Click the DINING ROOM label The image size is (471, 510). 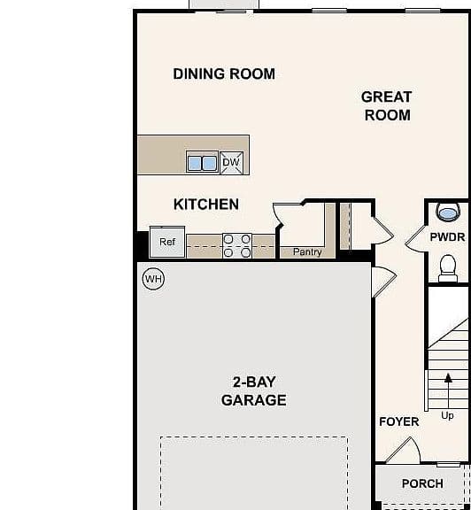click(224, 73)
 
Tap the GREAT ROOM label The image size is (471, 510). click(387, 106)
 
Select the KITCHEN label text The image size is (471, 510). click(206, 205)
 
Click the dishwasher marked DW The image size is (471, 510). click(231, 162)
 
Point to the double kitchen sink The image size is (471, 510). click(202, 162)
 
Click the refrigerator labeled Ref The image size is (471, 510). click(167, 242)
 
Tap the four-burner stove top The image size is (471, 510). click(237, 246)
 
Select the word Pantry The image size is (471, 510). click(307, 252)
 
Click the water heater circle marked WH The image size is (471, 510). click(153, 279)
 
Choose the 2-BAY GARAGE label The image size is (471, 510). click(254, 391)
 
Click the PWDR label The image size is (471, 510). click(448, 237)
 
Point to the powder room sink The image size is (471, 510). click(448, 212)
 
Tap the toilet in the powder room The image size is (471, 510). click(448, 268)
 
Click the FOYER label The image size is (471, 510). click(399, 421)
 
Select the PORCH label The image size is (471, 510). click(422, 483)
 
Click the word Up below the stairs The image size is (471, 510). click(448, 415)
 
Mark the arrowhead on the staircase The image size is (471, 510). click(448, 377)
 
